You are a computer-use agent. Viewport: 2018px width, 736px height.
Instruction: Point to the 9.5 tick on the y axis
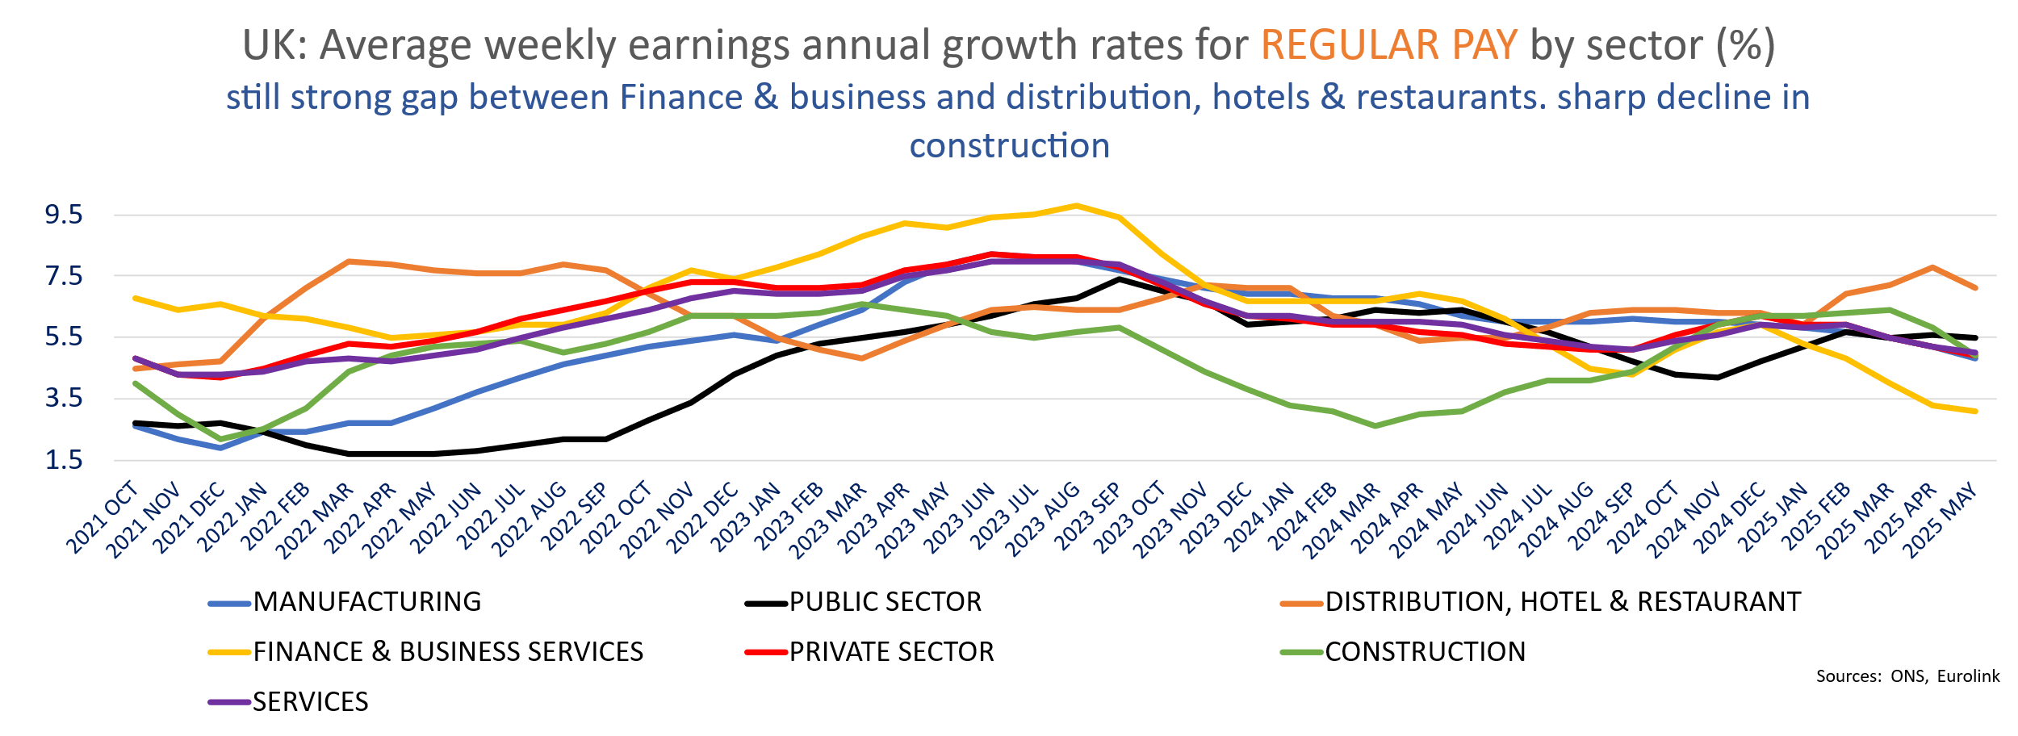[64, 215]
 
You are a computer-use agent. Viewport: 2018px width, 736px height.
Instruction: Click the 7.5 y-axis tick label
[64, 276]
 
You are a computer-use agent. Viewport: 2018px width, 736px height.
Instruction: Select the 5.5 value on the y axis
[64, 337]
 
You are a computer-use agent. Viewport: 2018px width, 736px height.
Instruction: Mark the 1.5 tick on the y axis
[64, 460]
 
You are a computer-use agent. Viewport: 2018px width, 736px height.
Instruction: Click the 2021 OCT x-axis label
[103, 518]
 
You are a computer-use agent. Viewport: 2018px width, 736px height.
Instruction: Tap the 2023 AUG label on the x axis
[1043, 520]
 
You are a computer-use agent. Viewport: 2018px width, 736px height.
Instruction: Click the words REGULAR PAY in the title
[1389, 45]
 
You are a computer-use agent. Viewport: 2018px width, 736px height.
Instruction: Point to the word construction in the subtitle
[1010, 146]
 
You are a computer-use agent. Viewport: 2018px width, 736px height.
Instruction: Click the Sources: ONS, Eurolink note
[1907, 676]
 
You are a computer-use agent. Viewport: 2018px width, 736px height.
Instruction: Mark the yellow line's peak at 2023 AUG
[1076, 206]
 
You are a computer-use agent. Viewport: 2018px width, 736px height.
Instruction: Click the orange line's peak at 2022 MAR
[349, 261]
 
